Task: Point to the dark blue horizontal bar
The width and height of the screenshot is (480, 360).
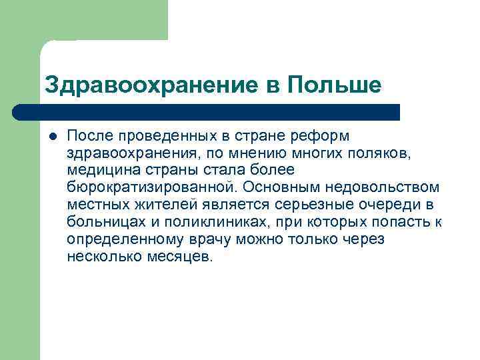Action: [x=207, y=111]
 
